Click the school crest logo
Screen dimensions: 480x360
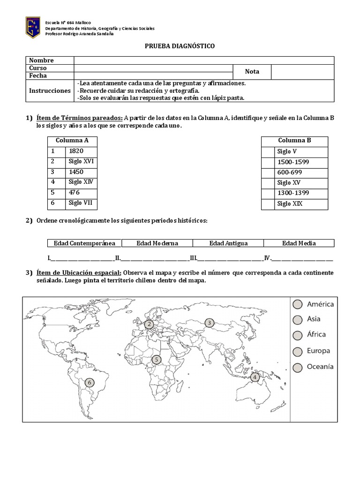click(32, 28)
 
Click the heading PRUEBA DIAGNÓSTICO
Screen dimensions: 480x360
click(180, 46)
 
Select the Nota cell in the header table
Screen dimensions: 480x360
click(252, 72)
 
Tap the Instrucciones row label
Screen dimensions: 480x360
click(50, 90)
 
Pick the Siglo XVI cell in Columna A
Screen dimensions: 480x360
click(81, 161)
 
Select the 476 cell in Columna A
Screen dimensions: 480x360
click(74, 193)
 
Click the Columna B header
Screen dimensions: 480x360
click(294, 140)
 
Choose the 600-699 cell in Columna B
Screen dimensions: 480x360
click(286, 172)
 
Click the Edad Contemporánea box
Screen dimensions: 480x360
click(84, 243)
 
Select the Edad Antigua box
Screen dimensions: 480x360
click(228, 243)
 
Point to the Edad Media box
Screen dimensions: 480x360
click(299, 243)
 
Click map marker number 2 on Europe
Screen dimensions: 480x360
click(149, 324)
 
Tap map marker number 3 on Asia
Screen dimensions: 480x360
click(209, 322)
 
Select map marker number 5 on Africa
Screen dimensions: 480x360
click(157, 360)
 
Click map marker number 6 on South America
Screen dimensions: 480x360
click(89, 382)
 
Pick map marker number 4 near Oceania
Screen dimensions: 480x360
click(255, 377)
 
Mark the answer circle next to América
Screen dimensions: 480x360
click(297, 305)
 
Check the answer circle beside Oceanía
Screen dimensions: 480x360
click(297, 367)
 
